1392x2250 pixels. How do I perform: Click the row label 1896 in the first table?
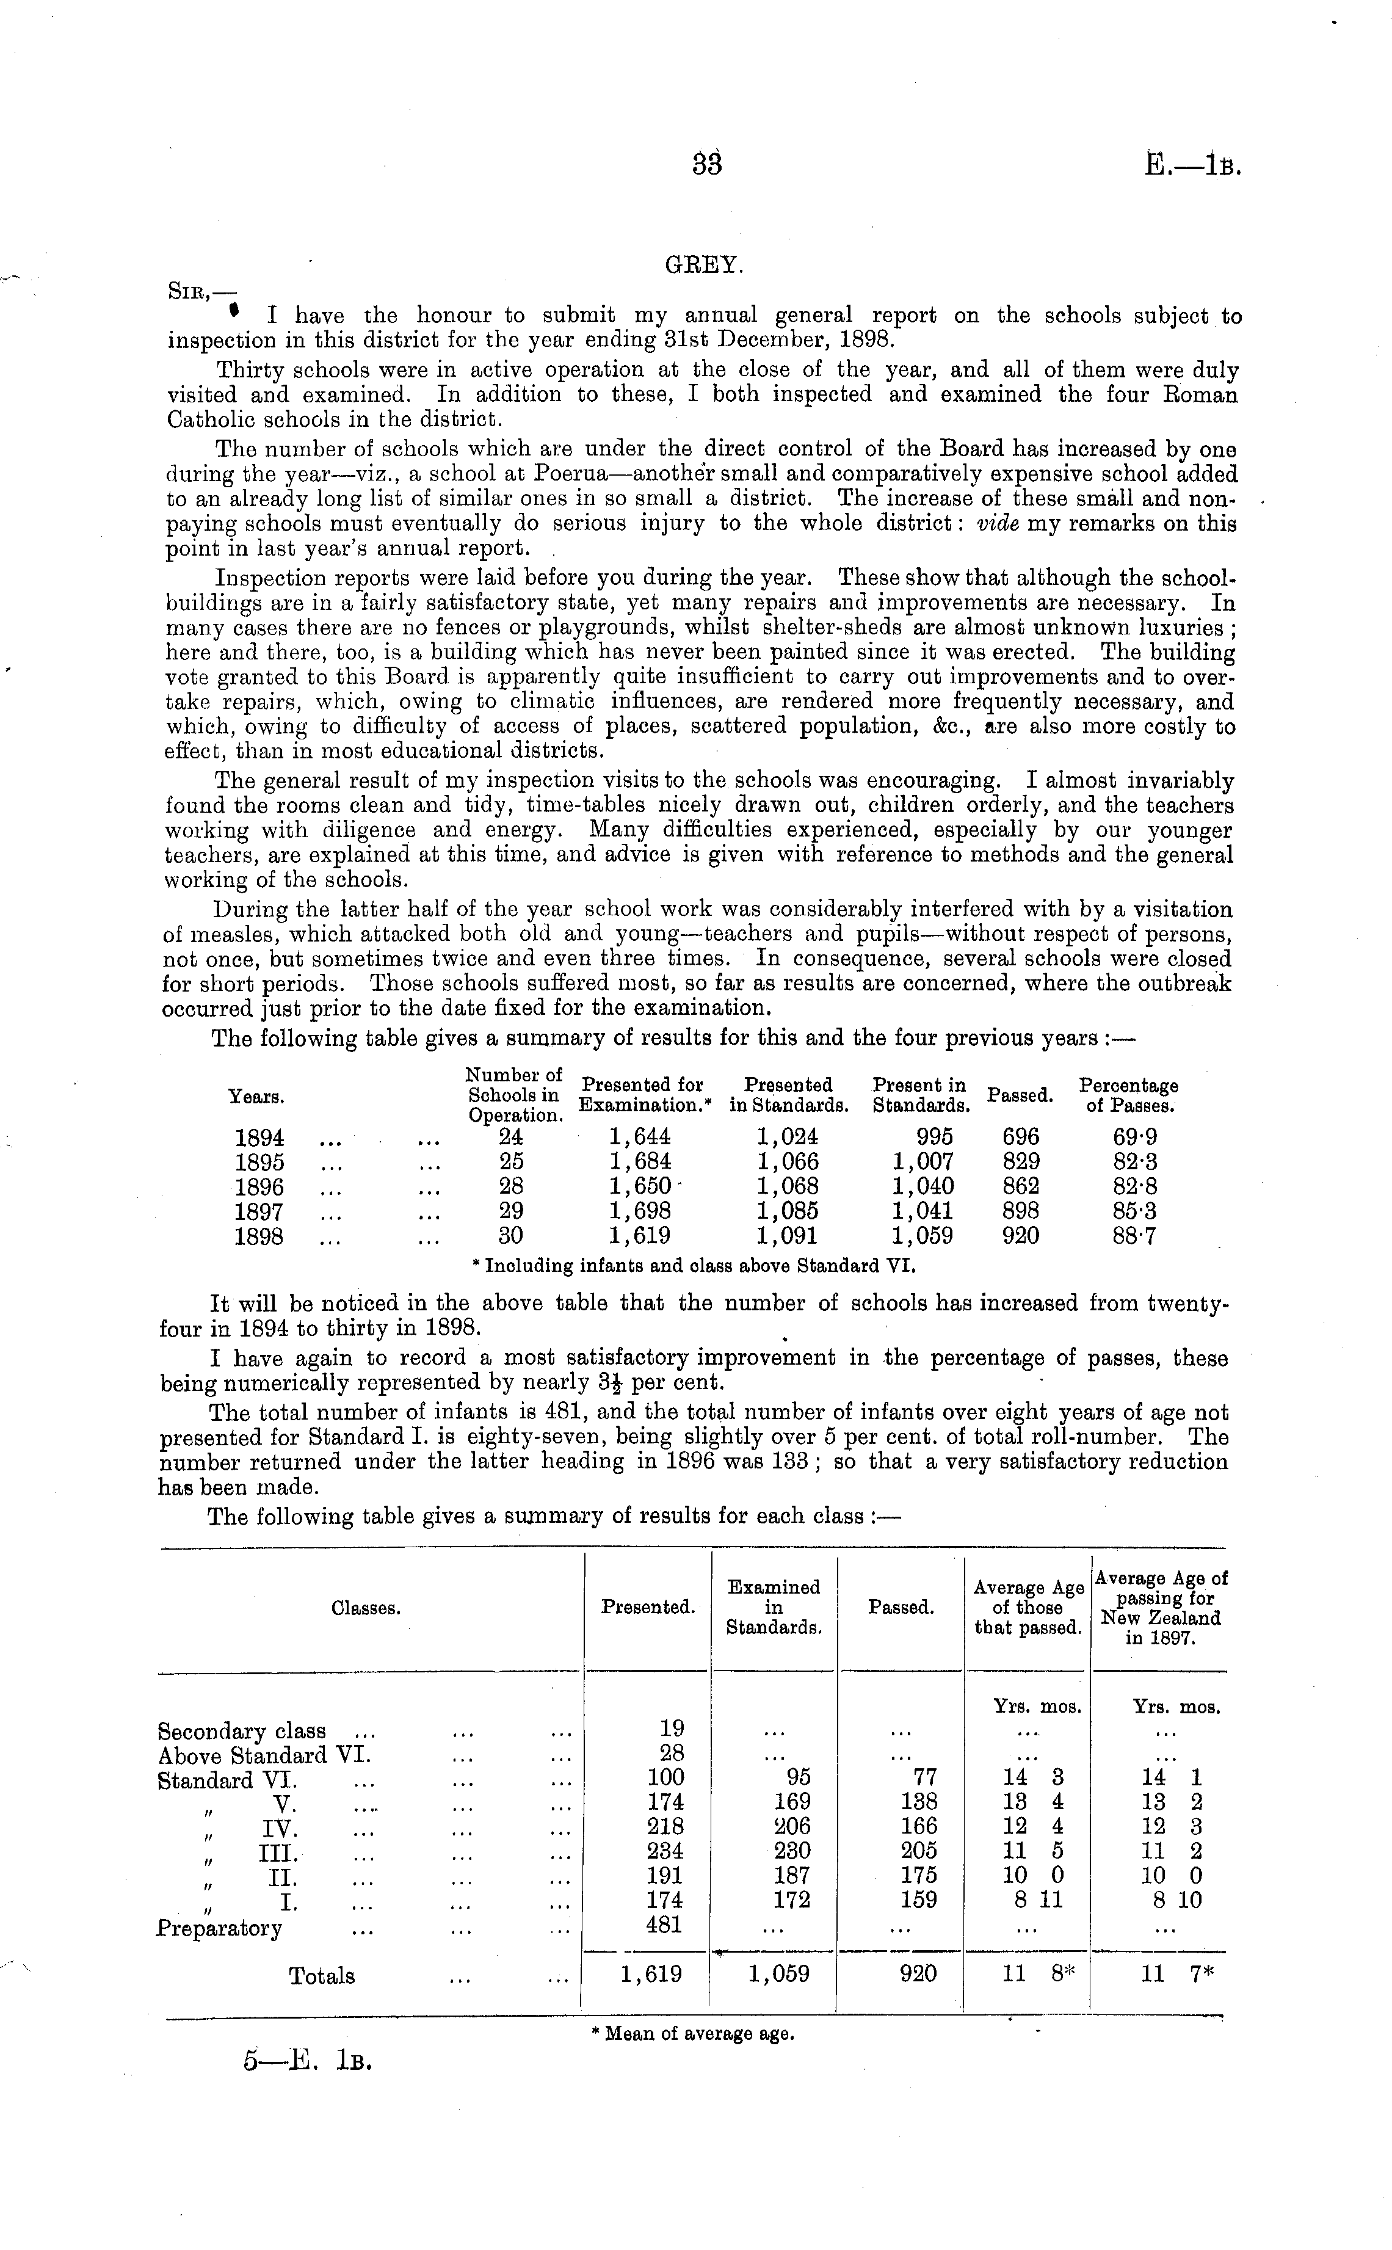click(259, 1187)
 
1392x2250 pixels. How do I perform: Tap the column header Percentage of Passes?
click(1129, 1095)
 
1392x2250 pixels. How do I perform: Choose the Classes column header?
click(366, 1608)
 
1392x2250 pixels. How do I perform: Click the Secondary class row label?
click(241, 1731)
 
